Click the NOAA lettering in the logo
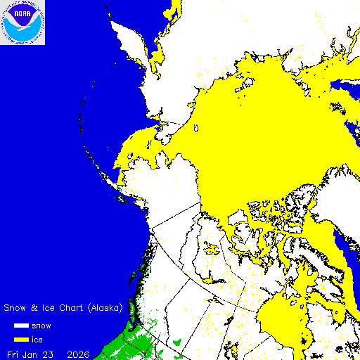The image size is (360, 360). pos(22,11)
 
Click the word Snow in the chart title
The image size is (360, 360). pos(17,308)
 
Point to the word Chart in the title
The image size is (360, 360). pos(58,308)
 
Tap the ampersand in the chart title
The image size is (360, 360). pos(35,308)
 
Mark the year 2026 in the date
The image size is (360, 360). pos(78,353)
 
